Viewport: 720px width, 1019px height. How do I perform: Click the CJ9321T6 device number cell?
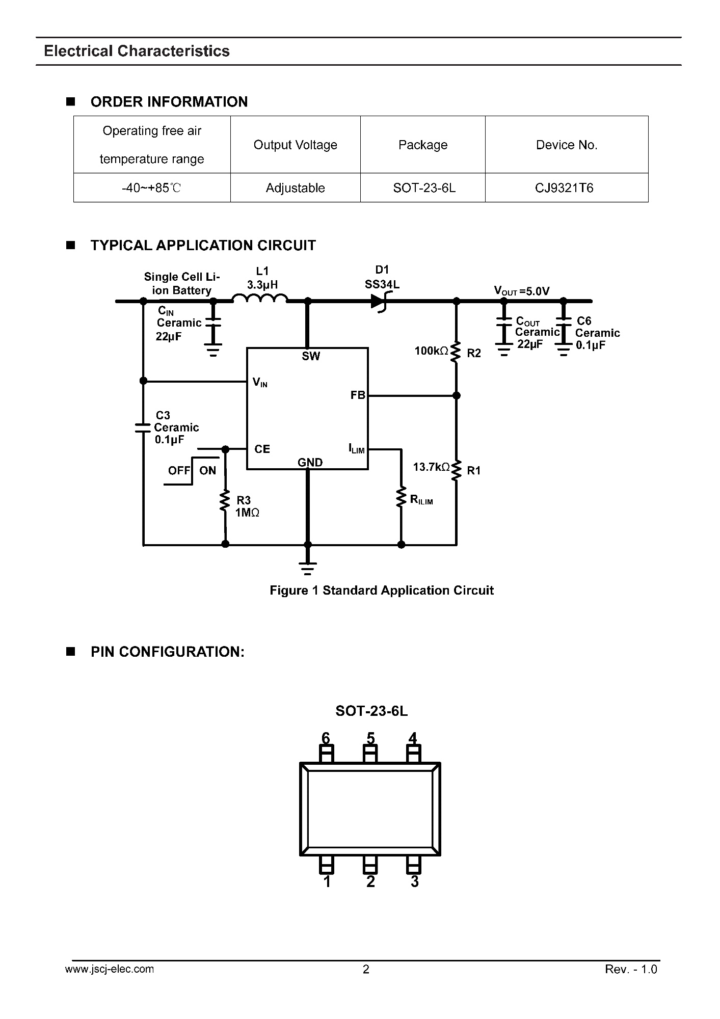564,188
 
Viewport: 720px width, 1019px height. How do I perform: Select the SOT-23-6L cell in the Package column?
424,188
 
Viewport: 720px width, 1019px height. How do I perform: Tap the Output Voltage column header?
296,145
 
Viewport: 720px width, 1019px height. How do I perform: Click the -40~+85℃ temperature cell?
152,188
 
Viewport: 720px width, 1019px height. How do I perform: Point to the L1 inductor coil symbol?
260,298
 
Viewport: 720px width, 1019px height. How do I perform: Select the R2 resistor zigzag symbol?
456,352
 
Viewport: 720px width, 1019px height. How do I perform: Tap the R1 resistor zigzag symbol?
456,469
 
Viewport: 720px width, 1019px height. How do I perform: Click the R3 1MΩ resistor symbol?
225,501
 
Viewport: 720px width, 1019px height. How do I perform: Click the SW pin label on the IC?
311,356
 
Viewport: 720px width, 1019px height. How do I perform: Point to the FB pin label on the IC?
358,395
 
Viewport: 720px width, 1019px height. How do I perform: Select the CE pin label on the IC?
262,449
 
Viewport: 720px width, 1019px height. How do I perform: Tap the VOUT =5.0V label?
522,291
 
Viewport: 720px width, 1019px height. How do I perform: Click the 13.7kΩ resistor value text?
431,467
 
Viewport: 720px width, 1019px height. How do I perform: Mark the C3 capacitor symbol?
143,427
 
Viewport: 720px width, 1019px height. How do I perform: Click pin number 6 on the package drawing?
326,738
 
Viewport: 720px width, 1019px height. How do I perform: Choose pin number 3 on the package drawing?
415,881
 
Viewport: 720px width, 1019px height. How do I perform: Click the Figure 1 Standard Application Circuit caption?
382,591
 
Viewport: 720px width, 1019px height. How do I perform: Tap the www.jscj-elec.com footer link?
110,969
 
